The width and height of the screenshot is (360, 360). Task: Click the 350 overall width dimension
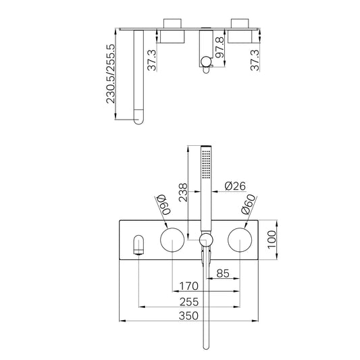(188, 315)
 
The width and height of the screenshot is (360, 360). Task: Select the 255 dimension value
(189, 302)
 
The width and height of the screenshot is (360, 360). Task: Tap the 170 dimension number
(188, 286)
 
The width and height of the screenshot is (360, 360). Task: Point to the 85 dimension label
(223, 274)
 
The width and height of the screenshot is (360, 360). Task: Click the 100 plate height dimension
(272, 240)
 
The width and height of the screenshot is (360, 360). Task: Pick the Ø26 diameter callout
(235, 186)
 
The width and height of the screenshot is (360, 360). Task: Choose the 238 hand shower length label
(183, 192)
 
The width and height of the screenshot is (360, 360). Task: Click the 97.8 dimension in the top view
(220, 47)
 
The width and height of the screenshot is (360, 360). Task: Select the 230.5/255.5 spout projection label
(111, 74)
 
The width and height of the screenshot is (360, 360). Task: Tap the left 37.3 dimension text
(152, 60)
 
